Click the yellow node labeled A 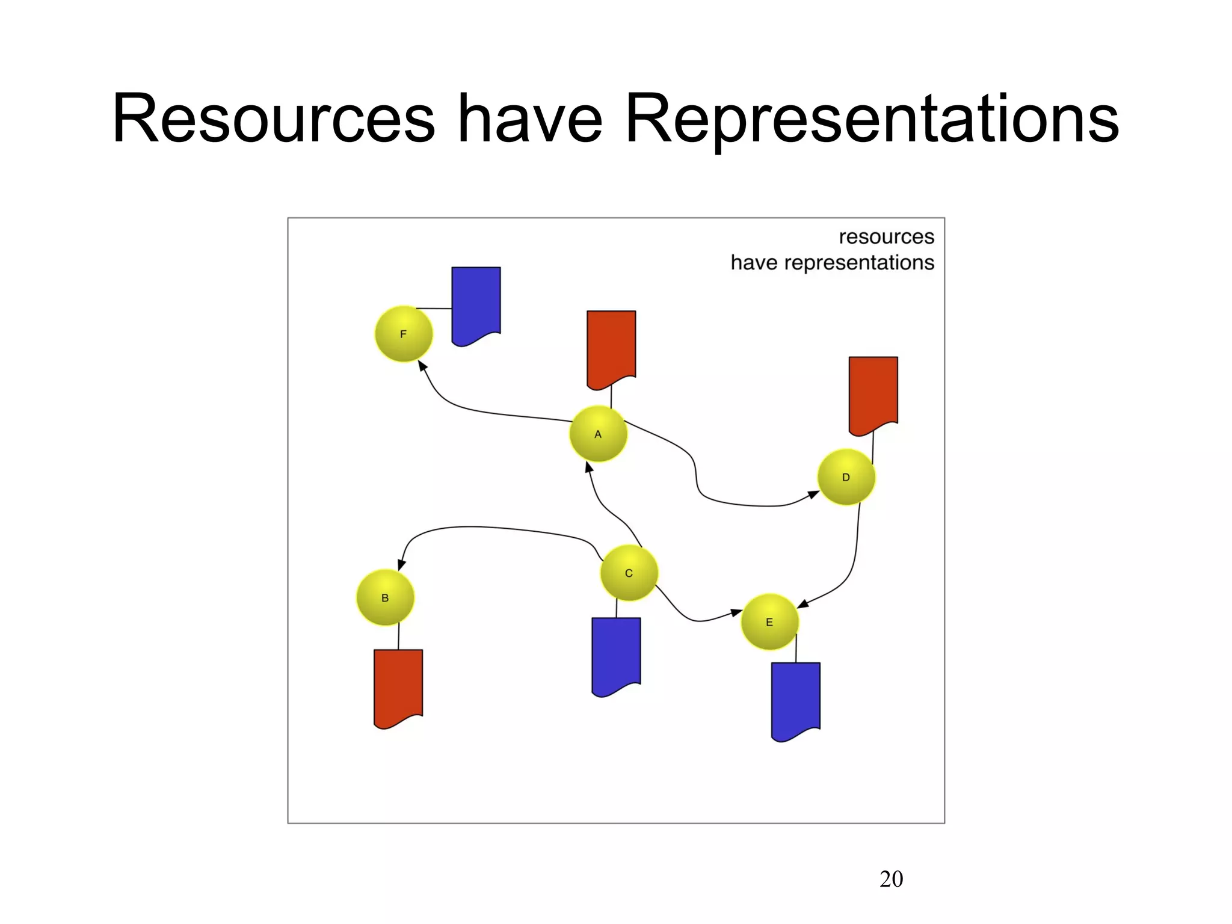598,434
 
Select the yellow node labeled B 385,597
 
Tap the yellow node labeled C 629,573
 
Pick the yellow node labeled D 846,477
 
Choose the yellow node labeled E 769,622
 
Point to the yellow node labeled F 403,334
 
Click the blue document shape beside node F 476,304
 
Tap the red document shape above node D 873,393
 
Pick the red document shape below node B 398,686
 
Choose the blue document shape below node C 616,654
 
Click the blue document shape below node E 795,699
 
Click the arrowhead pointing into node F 422,366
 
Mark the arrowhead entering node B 401,565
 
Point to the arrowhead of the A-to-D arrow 813,494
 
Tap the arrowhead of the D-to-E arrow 803,603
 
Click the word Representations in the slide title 872,118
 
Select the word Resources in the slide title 274,118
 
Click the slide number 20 891,879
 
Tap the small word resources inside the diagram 886,236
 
